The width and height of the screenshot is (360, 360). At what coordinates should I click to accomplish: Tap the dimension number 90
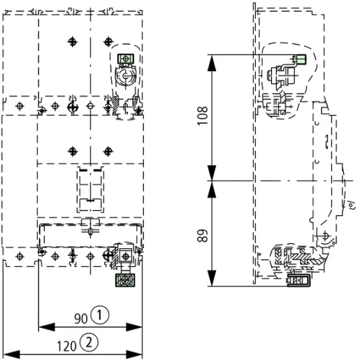click(81, 317)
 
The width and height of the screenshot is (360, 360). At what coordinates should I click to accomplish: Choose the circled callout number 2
click(89, 343)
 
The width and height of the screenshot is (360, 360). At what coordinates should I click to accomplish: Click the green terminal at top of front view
click(127, 59)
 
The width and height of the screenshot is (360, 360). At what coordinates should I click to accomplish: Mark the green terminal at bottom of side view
click(298, 281)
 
